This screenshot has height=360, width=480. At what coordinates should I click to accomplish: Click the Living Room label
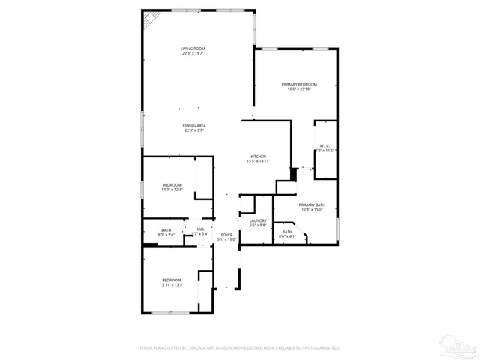pos(193,49)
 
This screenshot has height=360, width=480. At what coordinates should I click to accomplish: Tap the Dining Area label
pos(194,125)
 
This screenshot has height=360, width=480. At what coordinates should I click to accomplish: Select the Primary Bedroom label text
pos(299,84)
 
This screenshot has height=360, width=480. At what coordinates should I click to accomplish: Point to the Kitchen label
pos(259,157)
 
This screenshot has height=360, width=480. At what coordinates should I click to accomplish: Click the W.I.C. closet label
pos(325,146)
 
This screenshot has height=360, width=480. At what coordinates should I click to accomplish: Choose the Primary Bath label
pos(311,205)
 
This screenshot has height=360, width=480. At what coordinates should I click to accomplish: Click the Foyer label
pos(226,235)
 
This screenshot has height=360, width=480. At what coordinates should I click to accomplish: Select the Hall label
pos(199,229)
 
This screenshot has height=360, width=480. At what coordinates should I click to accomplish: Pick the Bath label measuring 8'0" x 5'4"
pos(166,230)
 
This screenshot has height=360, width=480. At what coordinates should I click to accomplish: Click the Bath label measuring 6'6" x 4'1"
pos(288,232)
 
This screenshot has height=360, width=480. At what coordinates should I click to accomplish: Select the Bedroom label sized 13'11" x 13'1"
pos(172,280)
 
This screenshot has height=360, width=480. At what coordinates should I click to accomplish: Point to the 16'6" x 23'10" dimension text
pos(299,88)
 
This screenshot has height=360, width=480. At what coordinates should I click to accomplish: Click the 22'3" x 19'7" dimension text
pos(193,53)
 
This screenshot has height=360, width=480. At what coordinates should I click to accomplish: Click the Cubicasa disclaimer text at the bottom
pos(240,348)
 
